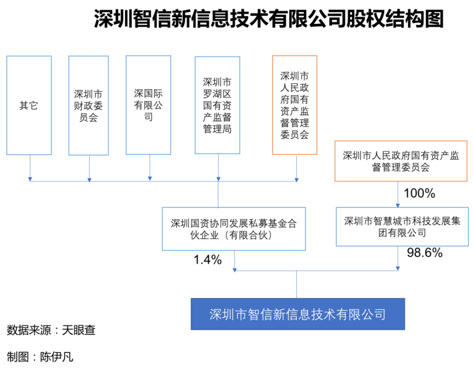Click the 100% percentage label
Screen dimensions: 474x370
click(x=419, y=193)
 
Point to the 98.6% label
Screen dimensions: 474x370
click(x=425, y=253)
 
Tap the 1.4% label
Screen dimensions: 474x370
click(x=208, y=259)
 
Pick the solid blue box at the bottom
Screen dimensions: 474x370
click(x=298, y=314)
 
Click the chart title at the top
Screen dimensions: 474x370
click(x=269, y=19)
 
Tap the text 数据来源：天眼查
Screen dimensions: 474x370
click(x=51, y=330)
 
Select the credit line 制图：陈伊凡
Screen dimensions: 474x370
click(x=40, y=357)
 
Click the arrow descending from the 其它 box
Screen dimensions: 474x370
click(x=30, y=168)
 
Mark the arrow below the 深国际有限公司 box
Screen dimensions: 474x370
click(x=150, y=168)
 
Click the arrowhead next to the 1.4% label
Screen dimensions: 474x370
click(x=235, y=270)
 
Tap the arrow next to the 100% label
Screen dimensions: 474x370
click(x=398, y=194)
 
